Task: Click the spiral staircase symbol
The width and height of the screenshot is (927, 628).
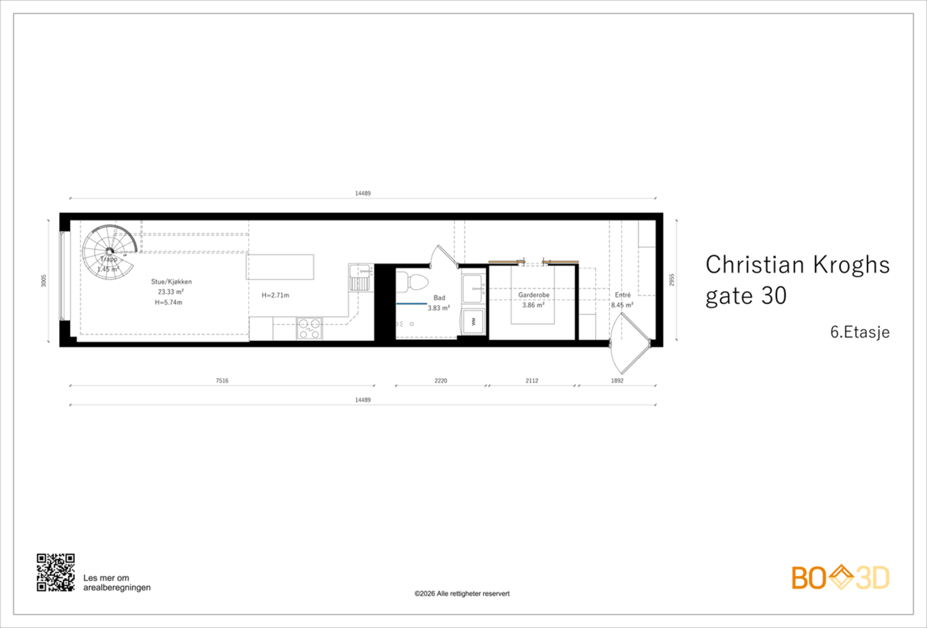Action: click(x=108, y=252)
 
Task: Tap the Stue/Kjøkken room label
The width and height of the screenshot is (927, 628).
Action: click(x=171, y=282)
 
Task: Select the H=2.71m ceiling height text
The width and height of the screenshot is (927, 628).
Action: click(x=275, y=295)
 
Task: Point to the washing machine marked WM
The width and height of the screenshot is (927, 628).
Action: click(x=473, y=321)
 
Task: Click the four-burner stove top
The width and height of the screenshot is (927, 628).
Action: click(x=309, y=328)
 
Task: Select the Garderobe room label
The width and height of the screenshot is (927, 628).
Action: click(x=534, y=295)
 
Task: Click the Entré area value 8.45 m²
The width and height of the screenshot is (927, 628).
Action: click(x=622, y=305)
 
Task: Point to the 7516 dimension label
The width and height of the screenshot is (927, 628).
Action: click(x=222, y=381)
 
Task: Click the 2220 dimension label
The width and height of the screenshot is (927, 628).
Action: click(x=441, y=381)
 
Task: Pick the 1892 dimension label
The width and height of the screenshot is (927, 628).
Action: click(x=617, y=381)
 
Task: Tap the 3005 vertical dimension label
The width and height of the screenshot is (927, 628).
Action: click(x=43, y=281)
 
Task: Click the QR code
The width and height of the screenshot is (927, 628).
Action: click(x=56, y=572)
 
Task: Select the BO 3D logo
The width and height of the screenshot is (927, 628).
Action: click(x=840, y=578)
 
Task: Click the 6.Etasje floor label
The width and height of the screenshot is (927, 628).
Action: click(x=859, y=332)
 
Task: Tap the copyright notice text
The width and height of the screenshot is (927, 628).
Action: click(x=462, y=593)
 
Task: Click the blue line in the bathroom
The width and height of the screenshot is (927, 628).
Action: click(x=411, y=303)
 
